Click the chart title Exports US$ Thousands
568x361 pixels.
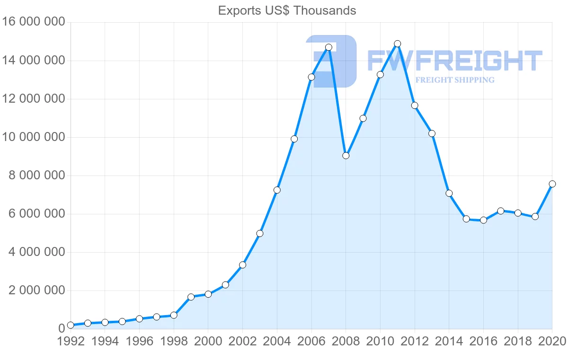coord(287,10)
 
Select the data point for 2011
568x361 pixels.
coord(398,44)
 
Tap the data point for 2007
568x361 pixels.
coord(329,47)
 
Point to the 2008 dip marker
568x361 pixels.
coord(346,156)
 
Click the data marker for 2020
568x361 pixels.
coord(552,184)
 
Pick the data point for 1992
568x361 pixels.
coord(71,325)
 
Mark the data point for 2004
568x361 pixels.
coord(277,190)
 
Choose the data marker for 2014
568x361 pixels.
coord(449,193)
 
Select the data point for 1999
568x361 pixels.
coord(191,297)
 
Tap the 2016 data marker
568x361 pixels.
coord(483,220)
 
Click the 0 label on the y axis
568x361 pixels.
coord(61,329)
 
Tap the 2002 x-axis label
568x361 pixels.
coord(242,342)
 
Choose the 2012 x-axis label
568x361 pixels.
coord(415,342)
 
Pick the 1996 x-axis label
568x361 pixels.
coord(139,342)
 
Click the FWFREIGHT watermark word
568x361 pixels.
coord(454,61)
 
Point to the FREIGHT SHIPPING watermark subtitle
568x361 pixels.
coord(455,80)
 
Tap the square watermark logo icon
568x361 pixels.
coord(331,61)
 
